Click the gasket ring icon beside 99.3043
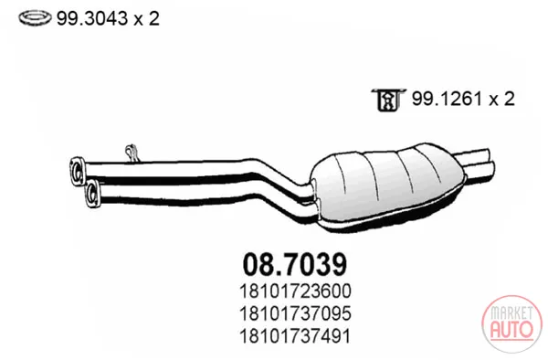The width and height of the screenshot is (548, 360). point(35,18)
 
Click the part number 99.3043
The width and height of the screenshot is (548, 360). point(92,18)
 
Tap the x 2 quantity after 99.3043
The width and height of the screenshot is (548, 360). point(147,18)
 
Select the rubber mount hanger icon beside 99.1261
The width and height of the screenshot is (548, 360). point(388,100)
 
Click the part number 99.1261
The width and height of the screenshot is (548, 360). point(447,99)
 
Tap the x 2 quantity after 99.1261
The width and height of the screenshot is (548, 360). point(502,100)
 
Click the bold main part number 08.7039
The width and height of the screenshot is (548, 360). point(295,264)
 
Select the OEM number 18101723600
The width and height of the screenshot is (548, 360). point(295,291)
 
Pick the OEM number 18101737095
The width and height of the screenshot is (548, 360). point(295,313)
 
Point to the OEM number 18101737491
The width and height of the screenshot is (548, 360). point(295,336)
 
